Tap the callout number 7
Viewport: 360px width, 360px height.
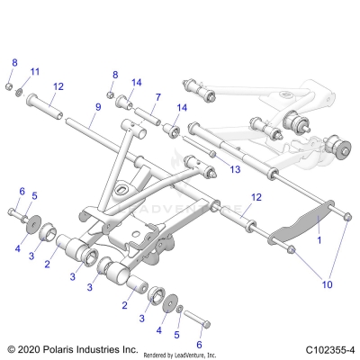pyautogui.click(x=157, y=96)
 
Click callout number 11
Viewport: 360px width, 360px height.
pyautogui.click(x=36, y=71)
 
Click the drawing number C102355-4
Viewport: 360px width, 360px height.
pyautogui.click(x=328, y=348)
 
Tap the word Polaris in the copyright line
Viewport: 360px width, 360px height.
pyautogui.click(x=65, y=348)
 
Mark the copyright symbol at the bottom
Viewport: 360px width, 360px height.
pyautogui.click(x=11, y=348)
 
